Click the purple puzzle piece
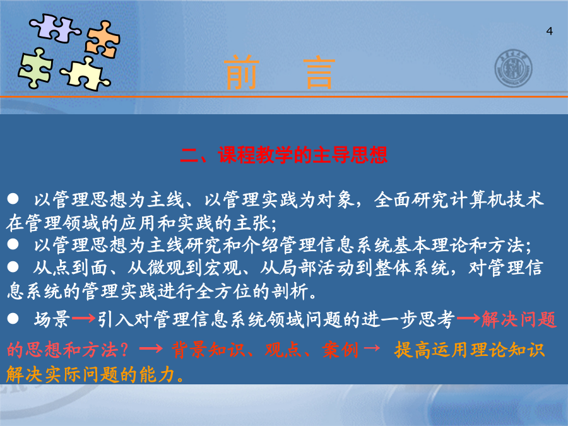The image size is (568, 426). click(x=54, y=28)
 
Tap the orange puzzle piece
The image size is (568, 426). click(x=103, y=40)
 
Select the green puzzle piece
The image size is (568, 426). click(x=35, y=68)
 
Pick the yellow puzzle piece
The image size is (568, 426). click(x=85, y=74)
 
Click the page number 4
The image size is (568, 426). click(x=549, y=31)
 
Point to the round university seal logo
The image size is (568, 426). click(x=513, y=68)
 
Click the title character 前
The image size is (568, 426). click(x=242, y=73)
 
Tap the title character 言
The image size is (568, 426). click(x=319, y=73)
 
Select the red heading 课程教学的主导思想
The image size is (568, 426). click(x=303, y=155)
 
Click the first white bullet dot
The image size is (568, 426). click(x=13, y=199)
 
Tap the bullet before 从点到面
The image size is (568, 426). click(x=13, y=267)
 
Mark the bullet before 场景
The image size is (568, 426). click(x=13, y=319)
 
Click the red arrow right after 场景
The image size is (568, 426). click(x=83, y=319)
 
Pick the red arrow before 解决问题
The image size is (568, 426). click(x=468, y=319)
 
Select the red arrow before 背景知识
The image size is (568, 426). click(x=151, y=349)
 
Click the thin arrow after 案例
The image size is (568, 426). click(x=372, y=348)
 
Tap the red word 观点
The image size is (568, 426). click(x=283, y=350)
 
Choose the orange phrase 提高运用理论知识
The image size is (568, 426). click(x=470, y=350)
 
